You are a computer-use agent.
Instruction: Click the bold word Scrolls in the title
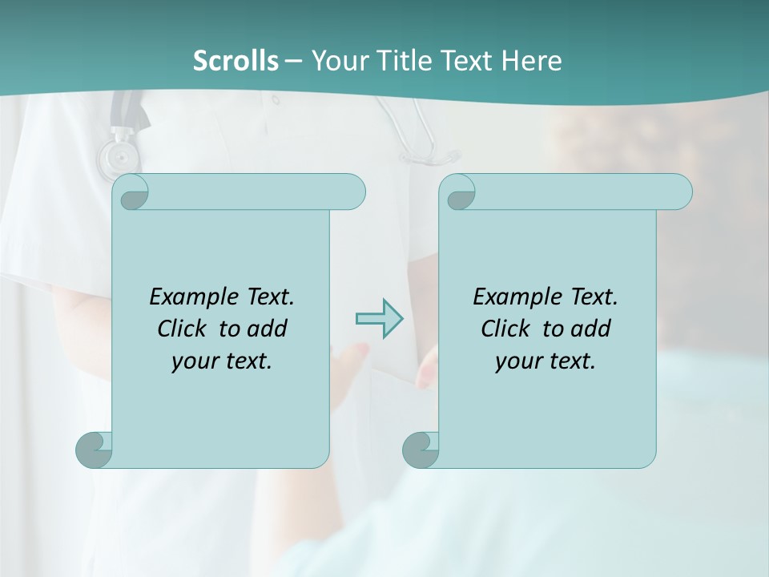236,60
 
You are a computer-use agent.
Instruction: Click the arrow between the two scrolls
379,319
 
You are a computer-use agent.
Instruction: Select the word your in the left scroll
193,362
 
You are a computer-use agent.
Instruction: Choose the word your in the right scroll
517,362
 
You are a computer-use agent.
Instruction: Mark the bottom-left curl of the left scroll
93,450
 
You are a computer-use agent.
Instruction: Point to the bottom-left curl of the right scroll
420,450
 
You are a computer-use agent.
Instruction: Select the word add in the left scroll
268,329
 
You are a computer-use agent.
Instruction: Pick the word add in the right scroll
591,329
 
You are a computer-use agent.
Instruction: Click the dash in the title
293,60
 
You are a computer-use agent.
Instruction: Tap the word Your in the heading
340,60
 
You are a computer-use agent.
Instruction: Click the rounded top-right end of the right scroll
680,192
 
